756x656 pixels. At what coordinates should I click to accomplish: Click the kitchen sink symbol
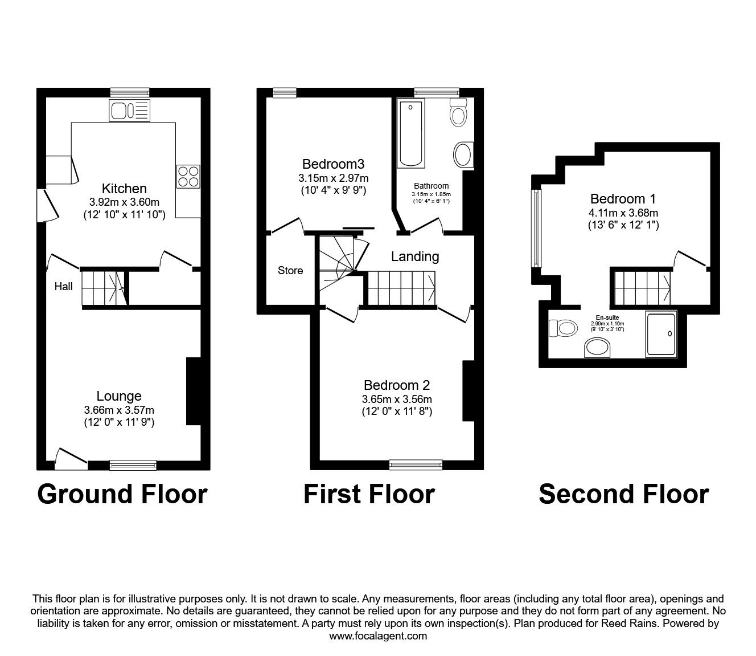[x=129, y=111]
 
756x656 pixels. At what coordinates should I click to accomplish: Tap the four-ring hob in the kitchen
[x=188, y=176]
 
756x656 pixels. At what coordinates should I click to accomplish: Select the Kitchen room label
[x=124, y=189]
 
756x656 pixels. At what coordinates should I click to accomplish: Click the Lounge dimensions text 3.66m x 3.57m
[x=119, y=410]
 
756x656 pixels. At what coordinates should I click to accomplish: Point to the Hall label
[x=63, y=287]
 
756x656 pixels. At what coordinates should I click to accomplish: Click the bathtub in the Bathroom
[x=410, y=134]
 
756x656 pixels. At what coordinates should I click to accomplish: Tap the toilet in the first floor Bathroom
[x=458, y=112]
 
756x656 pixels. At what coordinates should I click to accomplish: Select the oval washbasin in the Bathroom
[x=463, y=155]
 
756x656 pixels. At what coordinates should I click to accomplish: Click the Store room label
[x=290, y=271]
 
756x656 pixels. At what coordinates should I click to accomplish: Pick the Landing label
[x=415, y=256]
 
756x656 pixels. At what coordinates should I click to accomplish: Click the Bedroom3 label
[x=333, y=165]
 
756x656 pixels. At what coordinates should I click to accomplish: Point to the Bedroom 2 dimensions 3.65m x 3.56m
[x=397, y=399]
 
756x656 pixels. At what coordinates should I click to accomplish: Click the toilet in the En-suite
[x=562, y=328]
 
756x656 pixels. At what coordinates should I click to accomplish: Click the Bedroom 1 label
[x=623, y=199]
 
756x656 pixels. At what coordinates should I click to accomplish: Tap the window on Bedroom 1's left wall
[x=536, y=227]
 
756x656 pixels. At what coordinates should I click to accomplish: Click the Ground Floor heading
[x=122, y=494]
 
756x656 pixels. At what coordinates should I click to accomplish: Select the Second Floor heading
[x=623, y=494]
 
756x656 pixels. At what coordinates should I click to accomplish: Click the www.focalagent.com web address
[x=378, y=636]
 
